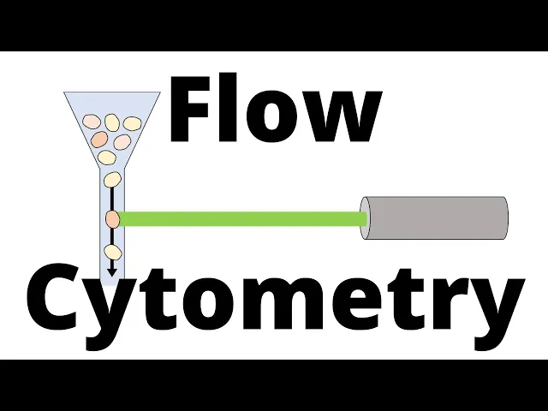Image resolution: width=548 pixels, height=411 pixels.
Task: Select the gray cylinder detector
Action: (434, 218)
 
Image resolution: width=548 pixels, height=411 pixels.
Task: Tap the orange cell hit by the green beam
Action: (112, 218)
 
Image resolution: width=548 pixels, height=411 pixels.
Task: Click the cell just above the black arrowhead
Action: (112, 252)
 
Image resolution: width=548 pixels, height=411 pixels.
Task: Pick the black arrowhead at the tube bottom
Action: (112, 271)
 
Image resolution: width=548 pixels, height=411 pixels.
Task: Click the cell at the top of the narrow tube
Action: (112, 179)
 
